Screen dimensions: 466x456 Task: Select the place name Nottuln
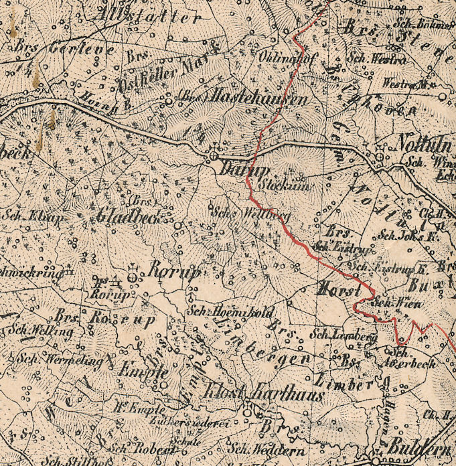coord(420,142)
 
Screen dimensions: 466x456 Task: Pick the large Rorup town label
coord(174,272)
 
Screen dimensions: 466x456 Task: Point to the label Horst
coord(339,290)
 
